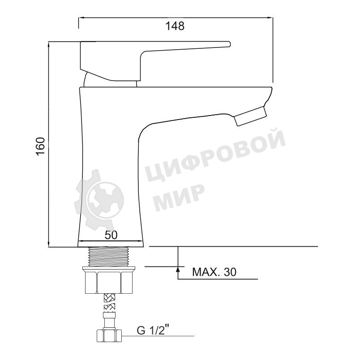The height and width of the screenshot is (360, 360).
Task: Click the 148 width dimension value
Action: (x=175, y=26)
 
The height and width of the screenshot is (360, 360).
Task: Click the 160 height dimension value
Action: (x=40, y=146)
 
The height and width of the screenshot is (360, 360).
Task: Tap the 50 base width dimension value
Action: (x=111, y=235)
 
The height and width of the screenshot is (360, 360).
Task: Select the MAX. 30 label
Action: (x=214, y=272)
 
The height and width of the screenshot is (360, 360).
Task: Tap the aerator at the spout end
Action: (x=250, y=116)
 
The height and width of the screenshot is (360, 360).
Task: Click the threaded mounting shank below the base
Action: (x=109, y=257)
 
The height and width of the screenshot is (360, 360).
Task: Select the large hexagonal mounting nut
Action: (x=109, y=283)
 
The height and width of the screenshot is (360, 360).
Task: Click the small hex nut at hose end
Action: (x=109, y=336)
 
